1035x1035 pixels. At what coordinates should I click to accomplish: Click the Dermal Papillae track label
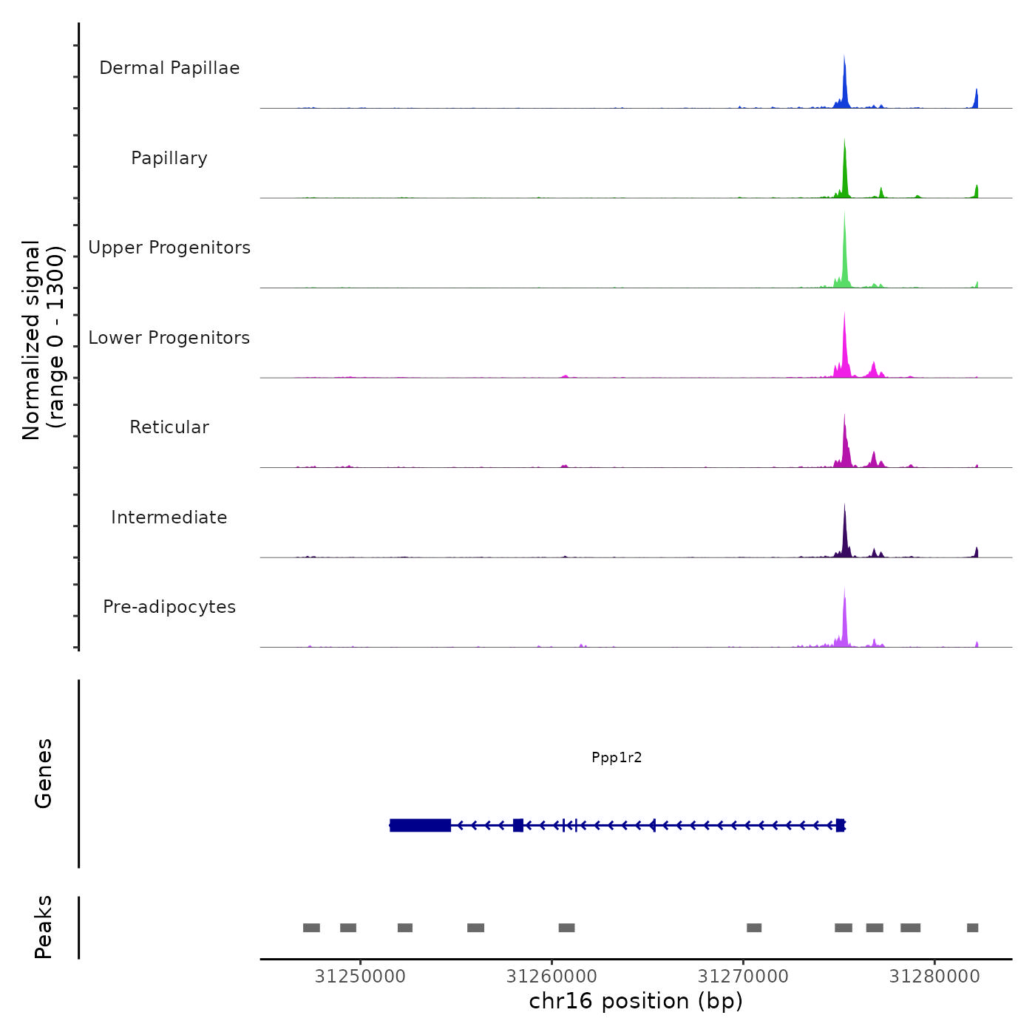pos(169,68)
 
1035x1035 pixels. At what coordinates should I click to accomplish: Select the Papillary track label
pos(169,158)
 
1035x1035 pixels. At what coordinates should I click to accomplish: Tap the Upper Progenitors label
pos(169,248)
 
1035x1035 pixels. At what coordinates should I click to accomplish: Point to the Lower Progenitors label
pos(169,338)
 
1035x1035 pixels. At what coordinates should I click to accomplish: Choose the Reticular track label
pos(169,427)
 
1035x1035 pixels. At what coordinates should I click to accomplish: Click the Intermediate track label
pos(169,517)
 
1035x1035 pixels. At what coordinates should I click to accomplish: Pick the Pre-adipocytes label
pos(169,607)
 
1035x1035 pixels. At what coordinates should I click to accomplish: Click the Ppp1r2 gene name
pos(617,757)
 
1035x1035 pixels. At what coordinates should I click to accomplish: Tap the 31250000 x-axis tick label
pos(360,977)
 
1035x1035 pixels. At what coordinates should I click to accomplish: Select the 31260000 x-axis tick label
pos(552,977)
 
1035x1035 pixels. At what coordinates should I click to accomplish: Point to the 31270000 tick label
pos(743,977)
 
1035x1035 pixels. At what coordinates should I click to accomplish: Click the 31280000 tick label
pos(934,977)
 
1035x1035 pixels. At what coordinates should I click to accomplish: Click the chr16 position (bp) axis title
pos(636,1001)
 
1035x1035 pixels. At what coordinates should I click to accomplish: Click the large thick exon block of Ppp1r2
pos(420,825)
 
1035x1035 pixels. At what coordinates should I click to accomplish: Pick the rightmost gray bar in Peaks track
pos(972,928)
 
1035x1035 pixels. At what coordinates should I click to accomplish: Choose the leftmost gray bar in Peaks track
pos(311,928)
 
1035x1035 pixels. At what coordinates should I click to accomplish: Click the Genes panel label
pos(43,773)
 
